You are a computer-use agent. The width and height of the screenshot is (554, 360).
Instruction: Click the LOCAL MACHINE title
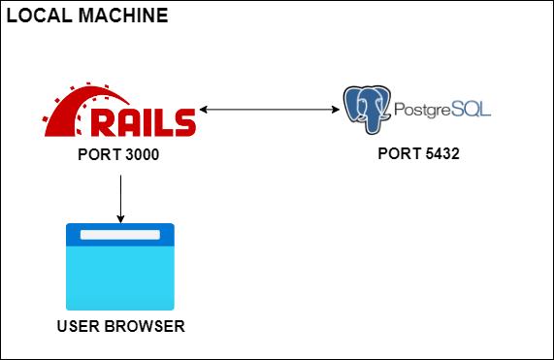pos(87,16)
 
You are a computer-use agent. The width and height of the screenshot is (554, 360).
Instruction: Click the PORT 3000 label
pos(118,153)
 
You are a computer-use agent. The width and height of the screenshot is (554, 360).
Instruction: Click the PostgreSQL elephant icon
pos(367,109)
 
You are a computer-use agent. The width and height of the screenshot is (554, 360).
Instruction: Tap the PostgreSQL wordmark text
pos(441,108)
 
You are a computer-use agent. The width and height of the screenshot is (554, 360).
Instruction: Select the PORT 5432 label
pos(418,153)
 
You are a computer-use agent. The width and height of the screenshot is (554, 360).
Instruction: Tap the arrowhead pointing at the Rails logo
pos(204,109)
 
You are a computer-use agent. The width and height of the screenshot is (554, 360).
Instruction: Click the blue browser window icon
pos(119,266)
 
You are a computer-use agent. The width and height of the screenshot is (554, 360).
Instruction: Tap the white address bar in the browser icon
pos(119,236)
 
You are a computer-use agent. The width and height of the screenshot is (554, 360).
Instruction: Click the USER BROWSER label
pos(120,326)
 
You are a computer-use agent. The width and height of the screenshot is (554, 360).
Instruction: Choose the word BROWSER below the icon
pos(144,326)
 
